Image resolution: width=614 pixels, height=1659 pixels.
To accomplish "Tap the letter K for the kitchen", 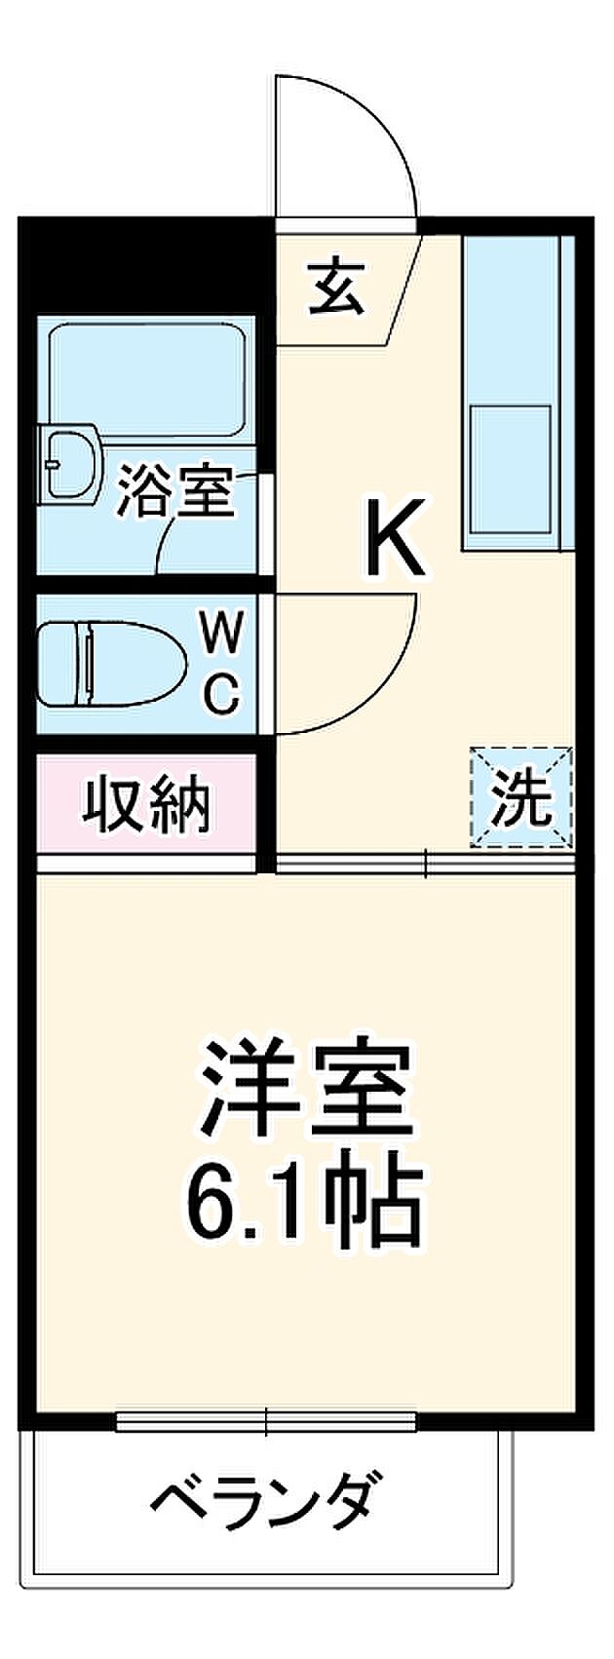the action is (x=397, y=535).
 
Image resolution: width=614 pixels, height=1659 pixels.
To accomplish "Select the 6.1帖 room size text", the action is (x=301, y=1198).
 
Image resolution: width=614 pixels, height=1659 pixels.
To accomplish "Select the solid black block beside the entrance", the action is (x=146, y=263).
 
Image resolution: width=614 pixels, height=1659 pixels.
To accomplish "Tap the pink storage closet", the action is (x=147, y=804).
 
